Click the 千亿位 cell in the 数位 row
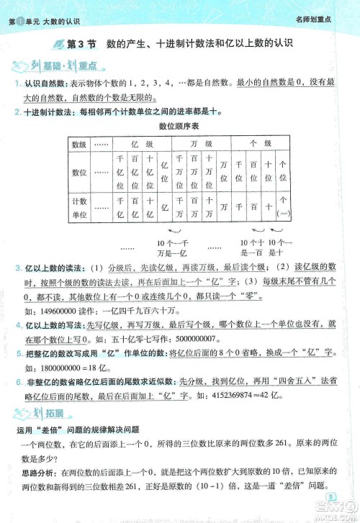(120, 172)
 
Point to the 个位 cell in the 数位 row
(283, 172)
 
